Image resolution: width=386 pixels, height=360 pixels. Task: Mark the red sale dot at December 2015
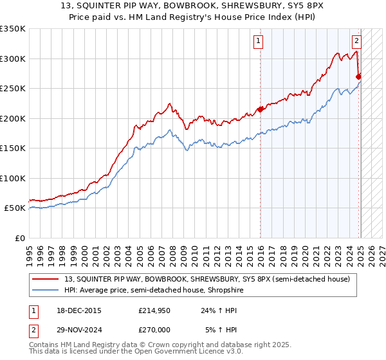pyautogui.click(x=260, y=109)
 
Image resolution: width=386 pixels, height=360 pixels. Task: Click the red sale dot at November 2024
pyautogui.click(x=358, y=76)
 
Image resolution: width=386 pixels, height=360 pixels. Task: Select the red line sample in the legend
pyautogui.click(x=44, y=279)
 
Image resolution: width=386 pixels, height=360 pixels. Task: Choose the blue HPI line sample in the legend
pyautogui.click(x=44, y=290)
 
